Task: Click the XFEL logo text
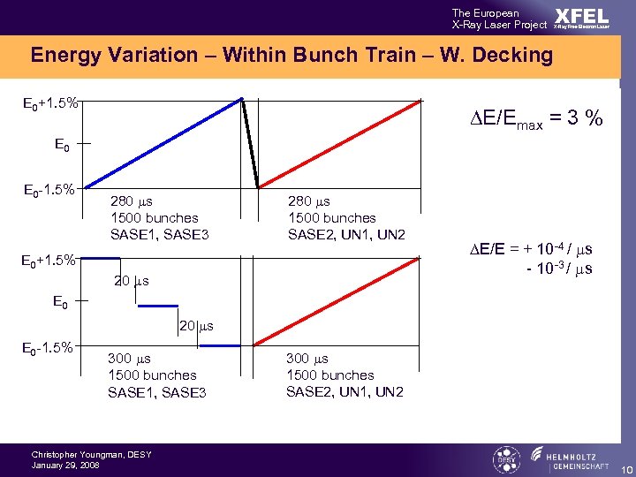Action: tap(582, 17)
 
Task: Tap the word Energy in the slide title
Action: tap(64, 56)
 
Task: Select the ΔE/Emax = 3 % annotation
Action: tap(529, 117)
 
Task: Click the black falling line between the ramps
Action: tap(250, 142)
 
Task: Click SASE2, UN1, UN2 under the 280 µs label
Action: tap(346, 234)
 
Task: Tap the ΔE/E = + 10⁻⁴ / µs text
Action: tap(529, 251)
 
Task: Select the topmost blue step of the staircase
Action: tap(102, 258)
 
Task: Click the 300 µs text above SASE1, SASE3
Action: tap(129, 359)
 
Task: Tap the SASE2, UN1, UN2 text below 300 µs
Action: tap(344, 391)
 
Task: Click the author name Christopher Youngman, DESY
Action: tap(92, 455)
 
